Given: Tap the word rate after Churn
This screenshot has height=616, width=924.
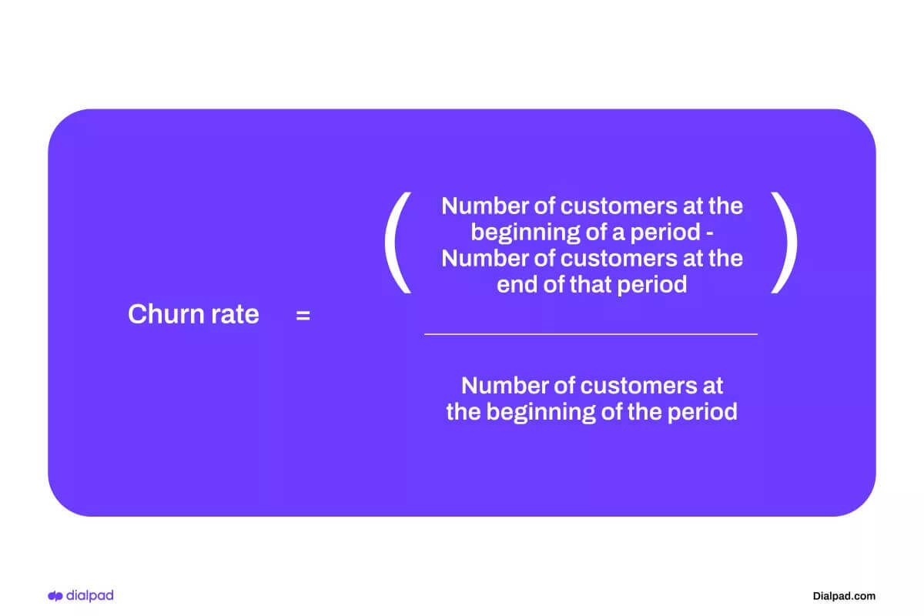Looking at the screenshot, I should (x=233, y=314).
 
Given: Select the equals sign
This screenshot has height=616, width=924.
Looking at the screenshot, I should (x=303, y=315).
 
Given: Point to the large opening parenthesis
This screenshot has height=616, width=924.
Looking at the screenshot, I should (x=398, y=244).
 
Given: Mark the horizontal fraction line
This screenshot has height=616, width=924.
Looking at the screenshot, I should (x=591, y=334).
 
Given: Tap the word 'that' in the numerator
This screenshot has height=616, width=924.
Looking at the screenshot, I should (x=587, y=284).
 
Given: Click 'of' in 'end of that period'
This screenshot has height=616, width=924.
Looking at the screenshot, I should (x=552, y=284).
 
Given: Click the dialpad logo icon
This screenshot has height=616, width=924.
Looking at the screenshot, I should (x=55, y=596).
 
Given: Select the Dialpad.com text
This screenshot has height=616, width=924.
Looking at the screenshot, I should (x=844, y=596).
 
